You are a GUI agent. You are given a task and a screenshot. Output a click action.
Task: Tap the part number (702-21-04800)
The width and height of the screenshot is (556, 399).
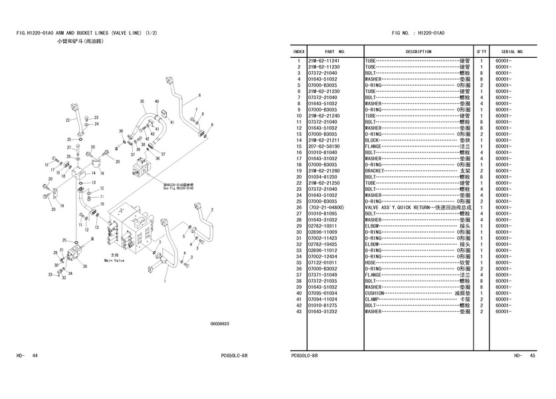point(326,207)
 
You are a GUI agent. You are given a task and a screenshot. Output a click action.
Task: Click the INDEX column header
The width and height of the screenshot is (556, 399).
point(299,51)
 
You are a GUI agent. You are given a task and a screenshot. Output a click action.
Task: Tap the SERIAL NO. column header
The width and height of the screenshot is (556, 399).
point(512,51)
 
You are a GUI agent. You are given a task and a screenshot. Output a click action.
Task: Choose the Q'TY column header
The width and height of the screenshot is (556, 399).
point(481,51)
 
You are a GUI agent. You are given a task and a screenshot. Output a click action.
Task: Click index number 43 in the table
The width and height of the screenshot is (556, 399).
point(300,311)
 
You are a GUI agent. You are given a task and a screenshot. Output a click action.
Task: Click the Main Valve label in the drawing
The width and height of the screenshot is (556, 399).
point(115,261)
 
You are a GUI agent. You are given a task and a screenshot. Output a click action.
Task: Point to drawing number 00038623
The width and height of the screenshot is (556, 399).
point(220,324)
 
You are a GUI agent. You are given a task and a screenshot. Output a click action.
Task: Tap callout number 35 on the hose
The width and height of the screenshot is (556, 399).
point(141,101)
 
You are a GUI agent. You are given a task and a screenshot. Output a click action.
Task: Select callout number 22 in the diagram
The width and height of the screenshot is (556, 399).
point(67,120)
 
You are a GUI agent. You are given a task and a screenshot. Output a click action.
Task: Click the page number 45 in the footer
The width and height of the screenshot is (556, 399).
point(531,356)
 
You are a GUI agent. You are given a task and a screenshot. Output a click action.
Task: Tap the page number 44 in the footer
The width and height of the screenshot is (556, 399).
point(35,356)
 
